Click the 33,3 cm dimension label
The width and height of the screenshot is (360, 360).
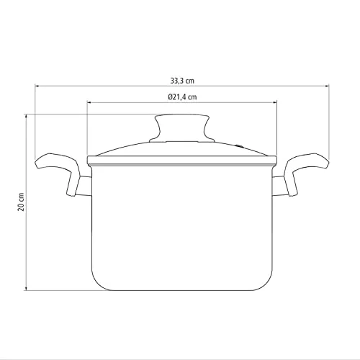(x=182, y=81)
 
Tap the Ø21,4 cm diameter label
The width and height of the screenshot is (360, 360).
(x=182, y=97)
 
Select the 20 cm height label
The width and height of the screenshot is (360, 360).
(x=21, y=202)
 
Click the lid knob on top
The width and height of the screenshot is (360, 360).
(x=182, y=128)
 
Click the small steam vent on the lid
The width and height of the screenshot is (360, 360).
(x=239, y=145)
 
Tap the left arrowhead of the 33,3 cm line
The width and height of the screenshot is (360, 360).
(x=37, y=86)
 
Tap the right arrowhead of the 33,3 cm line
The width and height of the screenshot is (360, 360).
(x=326, y=86)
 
